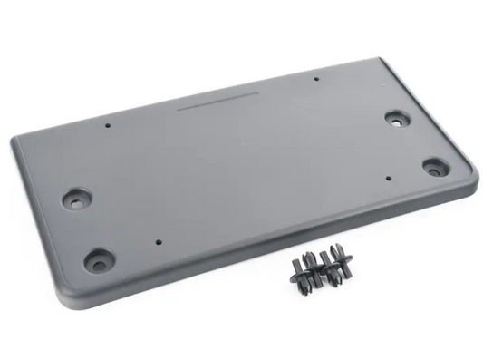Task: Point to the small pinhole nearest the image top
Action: point(316,79)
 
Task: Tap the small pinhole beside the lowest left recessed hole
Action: point(159,242)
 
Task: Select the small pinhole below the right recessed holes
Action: point(388,178)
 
